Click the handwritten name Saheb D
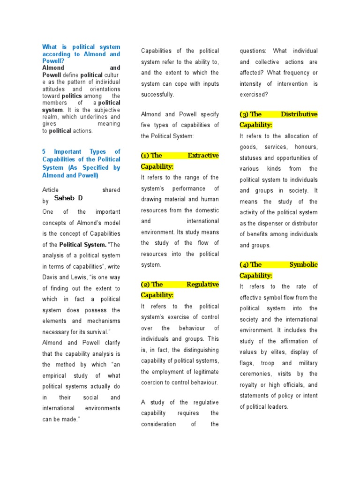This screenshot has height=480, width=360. [68, 198]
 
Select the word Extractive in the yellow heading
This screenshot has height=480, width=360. [203, 155]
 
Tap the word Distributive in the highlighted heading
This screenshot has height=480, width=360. [299, 114]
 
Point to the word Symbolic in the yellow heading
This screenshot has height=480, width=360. [303, 264]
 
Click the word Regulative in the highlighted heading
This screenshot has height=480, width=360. [202, 284]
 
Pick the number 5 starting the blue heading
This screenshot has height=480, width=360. [44, 151]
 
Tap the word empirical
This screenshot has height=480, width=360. [55, 375]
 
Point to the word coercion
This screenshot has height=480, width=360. [153, 382]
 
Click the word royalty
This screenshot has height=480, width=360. [251, 385]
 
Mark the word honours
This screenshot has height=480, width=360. [307, 147]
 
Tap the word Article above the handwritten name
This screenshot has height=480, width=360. [51, 190]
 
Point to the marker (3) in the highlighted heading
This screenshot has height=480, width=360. [244, 114]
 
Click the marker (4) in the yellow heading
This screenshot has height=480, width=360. [244, 264]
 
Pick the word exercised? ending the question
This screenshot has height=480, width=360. [254, 94]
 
